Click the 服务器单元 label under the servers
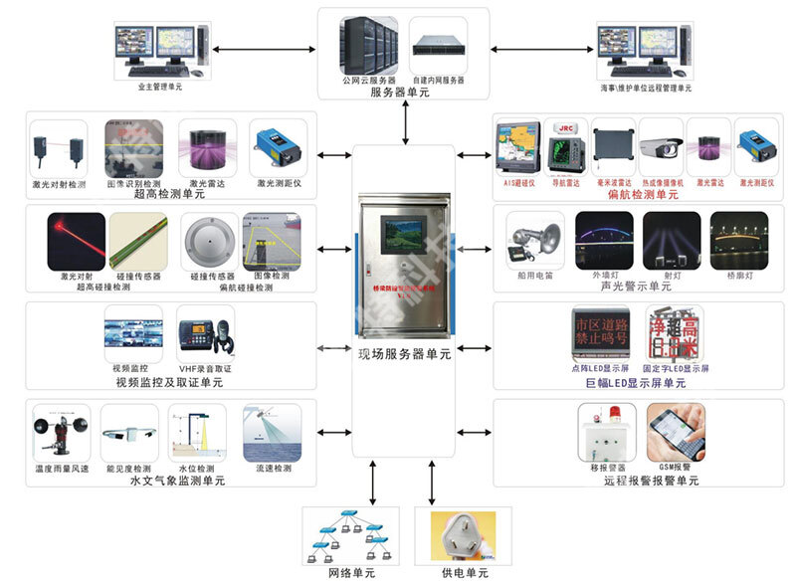[400, 93]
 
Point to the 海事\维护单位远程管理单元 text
[645, 88]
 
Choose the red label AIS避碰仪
[519, 183]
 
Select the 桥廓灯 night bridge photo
[733, 239]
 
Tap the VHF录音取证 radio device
[206, 333]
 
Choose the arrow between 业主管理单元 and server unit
[264, 49]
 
